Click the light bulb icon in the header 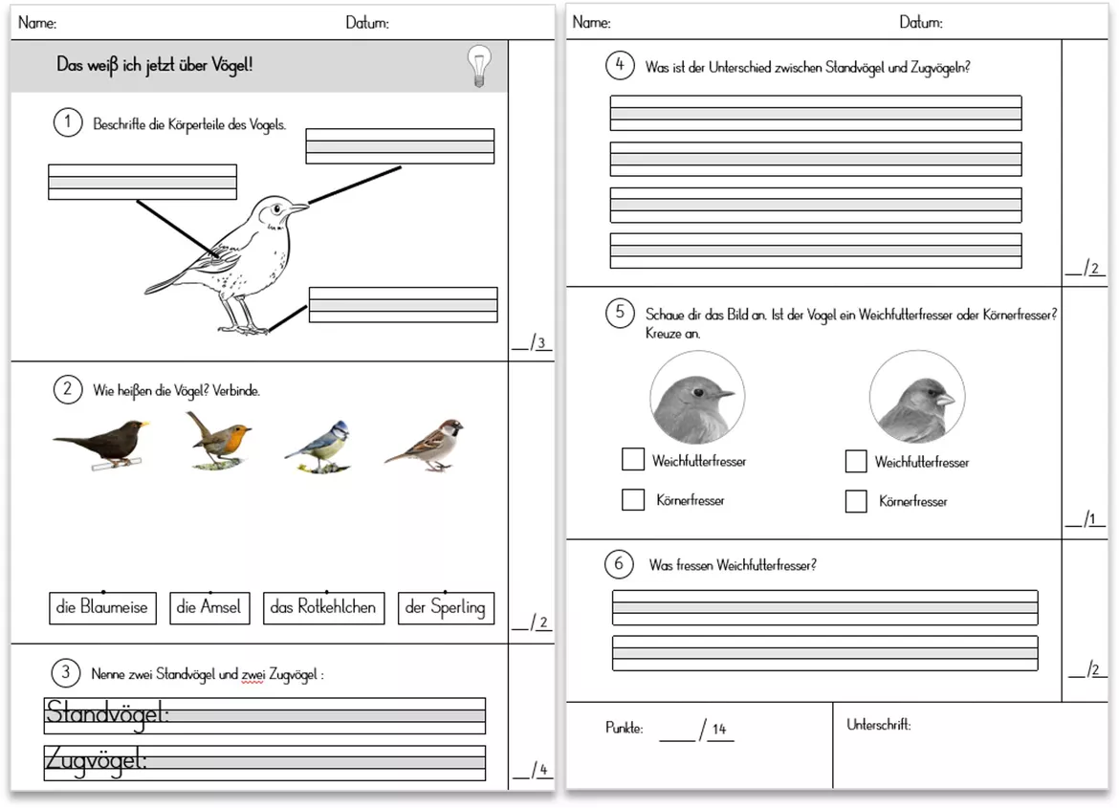[479, 66]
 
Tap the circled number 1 [68, 122]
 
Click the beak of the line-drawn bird [297, 207]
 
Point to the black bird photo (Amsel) [101, 444]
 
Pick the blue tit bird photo [318, 448]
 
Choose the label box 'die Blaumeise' [102, 608]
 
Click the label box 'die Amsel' [209, 608]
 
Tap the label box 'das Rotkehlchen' [324, 608]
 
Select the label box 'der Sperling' [446, 608]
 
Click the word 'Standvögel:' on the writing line [107, 713]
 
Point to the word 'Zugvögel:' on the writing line [96, 760]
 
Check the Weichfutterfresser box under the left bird [633, 459]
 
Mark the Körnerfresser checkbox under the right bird [856, 501]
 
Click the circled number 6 [619, 564]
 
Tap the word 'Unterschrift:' [879, 725]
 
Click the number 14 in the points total [718, 729]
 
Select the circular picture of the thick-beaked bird [917, 398]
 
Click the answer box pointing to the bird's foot [404, 305]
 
